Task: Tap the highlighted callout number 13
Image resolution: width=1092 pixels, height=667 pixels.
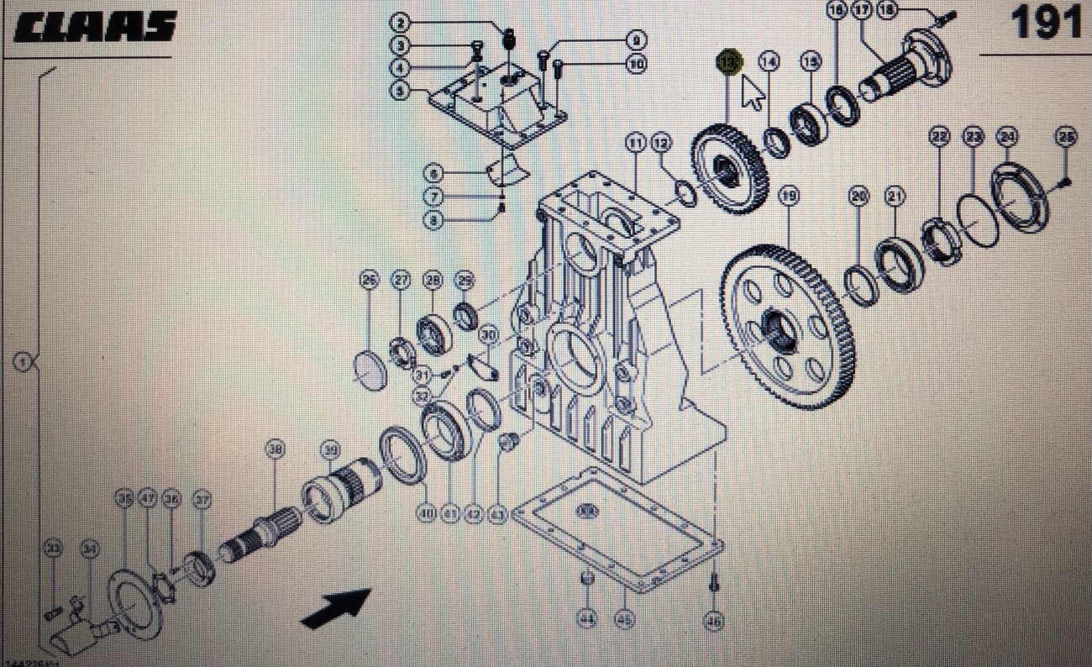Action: tap(728, 62)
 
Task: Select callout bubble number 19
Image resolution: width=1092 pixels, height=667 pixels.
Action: tap(787, 197)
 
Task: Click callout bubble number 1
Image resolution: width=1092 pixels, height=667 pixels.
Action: tap(23, 363)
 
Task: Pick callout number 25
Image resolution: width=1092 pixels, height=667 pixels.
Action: tap(1065, 138)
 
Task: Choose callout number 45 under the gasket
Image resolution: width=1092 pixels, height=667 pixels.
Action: tap(623, 620)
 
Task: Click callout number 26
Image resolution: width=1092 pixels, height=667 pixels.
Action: tap(369, 280)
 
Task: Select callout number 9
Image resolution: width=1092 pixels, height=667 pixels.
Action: tap(636, 39)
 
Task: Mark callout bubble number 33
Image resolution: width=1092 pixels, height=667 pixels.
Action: tap(53, 549)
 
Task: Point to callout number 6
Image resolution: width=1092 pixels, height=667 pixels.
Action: tap(433, 174)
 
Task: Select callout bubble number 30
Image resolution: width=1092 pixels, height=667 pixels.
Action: tap(488, 335)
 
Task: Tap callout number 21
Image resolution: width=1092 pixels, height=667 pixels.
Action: tap(895, 197)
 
